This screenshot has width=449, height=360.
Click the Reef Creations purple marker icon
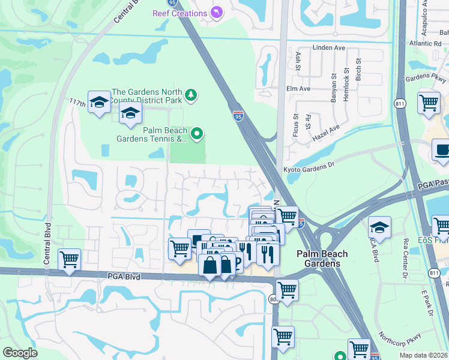216,13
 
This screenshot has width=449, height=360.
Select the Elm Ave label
298,88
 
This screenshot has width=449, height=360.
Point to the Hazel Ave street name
327,133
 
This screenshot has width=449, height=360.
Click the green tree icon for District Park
190,94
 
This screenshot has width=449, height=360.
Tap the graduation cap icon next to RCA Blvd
379,227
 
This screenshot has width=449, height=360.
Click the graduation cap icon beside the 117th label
99,101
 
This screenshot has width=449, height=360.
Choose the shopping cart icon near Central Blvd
70,260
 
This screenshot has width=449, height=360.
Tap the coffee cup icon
442,149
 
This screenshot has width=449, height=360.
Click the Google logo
20,352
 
